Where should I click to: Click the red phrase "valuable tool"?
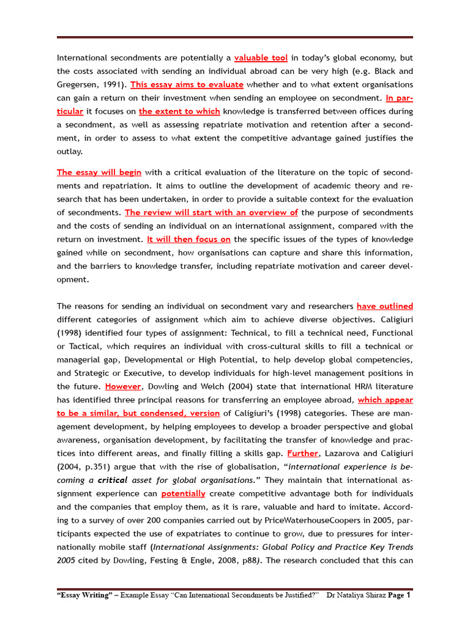pyautogui.click(x=261, y=58)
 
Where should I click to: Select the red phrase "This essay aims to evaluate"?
pyautogui.click(x=187, y=84)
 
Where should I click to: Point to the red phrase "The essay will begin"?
pyautogui.click(x=99, y=172)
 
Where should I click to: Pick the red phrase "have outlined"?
pyautogui.click(x=384, y=306)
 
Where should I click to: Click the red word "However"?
pyautogui.click(x=123, y=386)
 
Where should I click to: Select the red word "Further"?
pyautogui.click(x=303, y=453)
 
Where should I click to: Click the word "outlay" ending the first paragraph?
pyautogui.click(x=69, y=152)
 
